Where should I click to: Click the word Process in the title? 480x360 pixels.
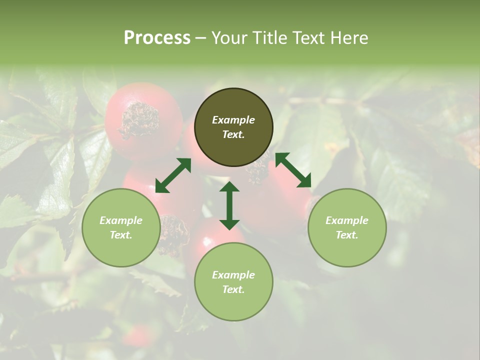157,38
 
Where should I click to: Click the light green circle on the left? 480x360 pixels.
121,227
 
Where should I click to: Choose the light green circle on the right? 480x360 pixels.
347,227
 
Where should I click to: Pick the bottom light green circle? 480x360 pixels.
233,282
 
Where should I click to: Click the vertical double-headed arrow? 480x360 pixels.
229,205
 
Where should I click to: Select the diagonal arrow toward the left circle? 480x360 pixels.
173,175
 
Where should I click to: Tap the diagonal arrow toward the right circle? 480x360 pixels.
293,170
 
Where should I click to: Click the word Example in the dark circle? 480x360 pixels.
233,120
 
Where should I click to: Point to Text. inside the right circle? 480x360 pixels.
347,235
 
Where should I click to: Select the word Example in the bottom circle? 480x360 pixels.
233,275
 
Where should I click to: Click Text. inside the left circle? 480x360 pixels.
121,235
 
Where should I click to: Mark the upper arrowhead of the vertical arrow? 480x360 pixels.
229,187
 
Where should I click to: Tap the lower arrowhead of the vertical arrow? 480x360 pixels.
229,224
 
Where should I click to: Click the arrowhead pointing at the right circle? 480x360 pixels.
304,181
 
